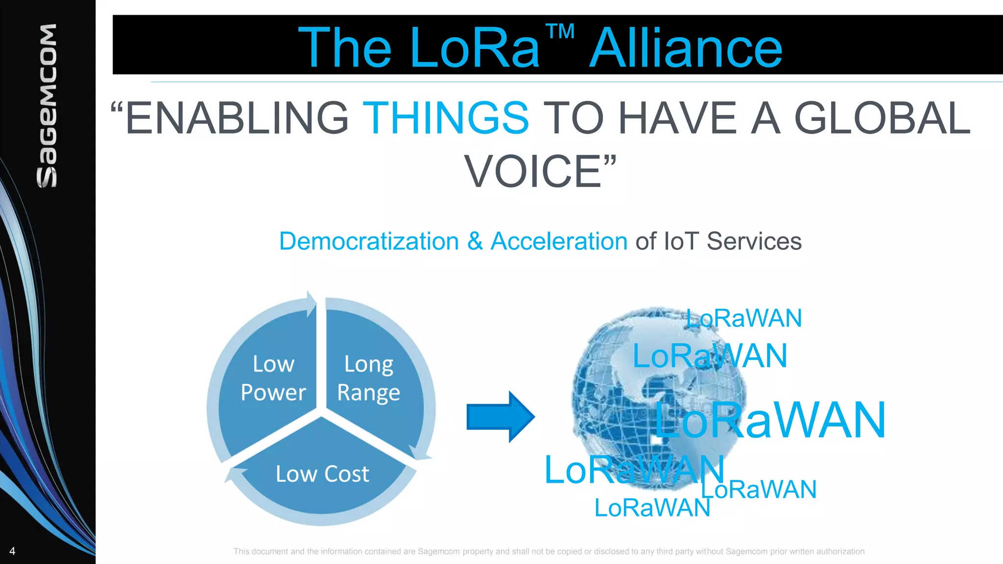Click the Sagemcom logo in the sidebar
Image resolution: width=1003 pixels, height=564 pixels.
pyautogui.click(x=48, y=105)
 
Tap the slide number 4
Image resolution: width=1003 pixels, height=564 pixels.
pyautogui.click(x=12, y=551)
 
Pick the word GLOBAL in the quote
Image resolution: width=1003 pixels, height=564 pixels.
pyautogui.click(x=882, y=118)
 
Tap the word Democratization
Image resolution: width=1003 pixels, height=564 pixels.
pyautogui.click(x=369, y=241)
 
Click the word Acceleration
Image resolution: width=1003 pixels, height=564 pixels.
pyautogui.click(x=559, y=241)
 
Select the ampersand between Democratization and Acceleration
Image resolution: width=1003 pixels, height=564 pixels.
pyautogui.click(x=475, y=241)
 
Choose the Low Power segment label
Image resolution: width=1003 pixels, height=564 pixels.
pyautogui.click(x=273, y=378)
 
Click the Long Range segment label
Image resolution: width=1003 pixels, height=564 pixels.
pyautogui.click(x=368, y=378)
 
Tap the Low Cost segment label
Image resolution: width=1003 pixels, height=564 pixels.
pyautogui.click(x=322, y=474)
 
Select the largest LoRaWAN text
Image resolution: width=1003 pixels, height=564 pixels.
pyautogui.click(x=770, y=420)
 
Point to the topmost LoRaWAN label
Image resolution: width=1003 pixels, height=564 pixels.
pyautogui.click(x=743, y=318)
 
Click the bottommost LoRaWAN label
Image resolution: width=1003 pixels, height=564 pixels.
pyautogui.click(x=652, y=508)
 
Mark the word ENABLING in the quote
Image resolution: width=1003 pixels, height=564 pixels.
pyautogui.click(x=237, y=118)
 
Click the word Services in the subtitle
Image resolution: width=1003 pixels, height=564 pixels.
pyautogui.click(x=754, y=241)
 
